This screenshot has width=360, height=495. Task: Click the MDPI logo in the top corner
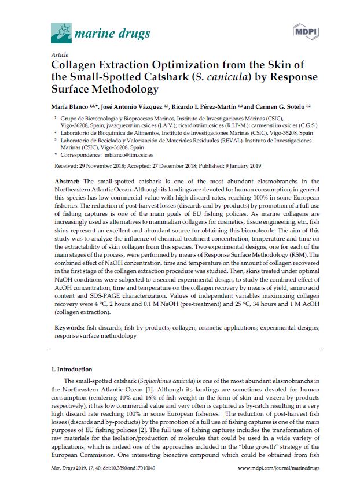click(x=303, y=31)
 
